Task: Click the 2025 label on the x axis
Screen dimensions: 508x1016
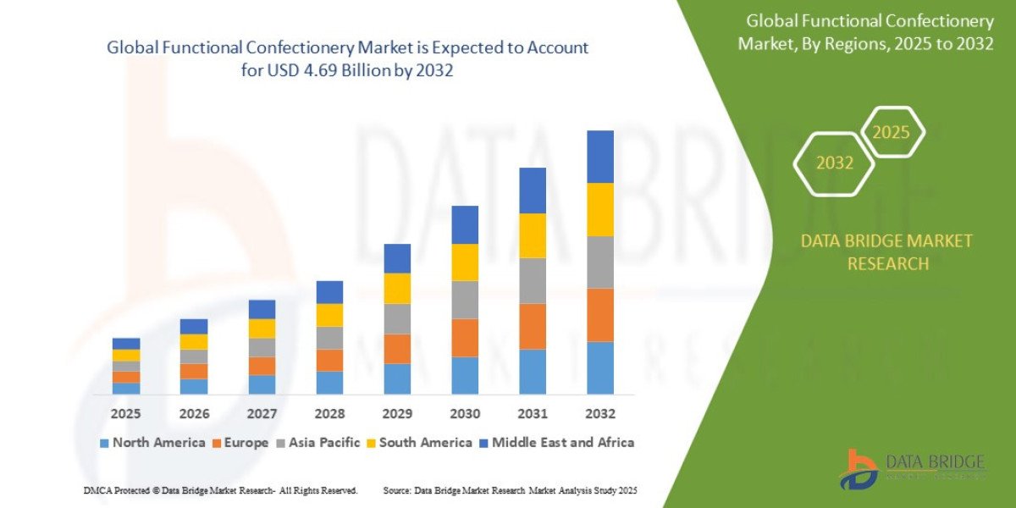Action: coord(125,414)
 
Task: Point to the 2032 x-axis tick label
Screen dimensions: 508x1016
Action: coord(599,414)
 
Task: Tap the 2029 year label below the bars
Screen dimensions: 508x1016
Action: coord(396,414)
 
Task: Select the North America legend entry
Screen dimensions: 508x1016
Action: coord(152,443)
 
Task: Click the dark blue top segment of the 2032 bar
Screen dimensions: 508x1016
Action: coord(599,157)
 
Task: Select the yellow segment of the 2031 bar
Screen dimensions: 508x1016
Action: coord(532,235)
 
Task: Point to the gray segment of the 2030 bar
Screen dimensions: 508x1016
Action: coord(464,300)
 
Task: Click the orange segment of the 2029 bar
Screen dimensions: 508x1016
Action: coord(396,349)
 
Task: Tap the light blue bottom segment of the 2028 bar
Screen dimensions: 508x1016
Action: coord(329,383)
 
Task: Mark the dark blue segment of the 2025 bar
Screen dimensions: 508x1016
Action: coord(125,344)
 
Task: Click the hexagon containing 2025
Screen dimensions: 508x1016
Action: coord(891,133)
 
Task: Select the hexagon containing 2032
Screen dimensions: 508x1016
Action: coord(834,163)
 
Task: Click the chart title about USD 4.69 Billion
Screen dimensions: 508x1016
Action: coord(347,59)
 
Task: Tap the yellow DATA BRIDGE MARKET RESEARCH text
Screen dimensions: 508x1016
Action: coord(886,252)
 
